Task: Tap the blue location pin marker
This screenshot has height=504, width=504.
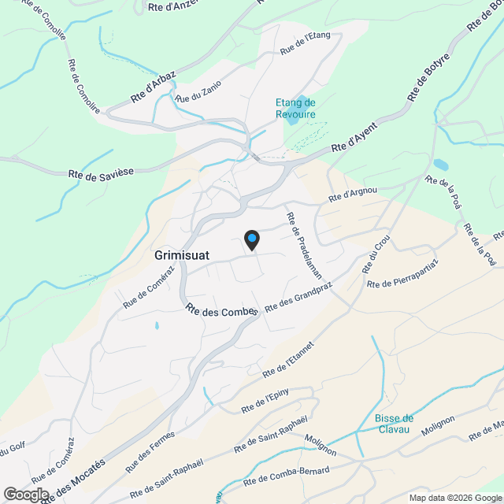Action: (251, 239)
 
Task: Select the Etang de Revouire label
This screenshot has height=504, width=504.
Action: (295, 109)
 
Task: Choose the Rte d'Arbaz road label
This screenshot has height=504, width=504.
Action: (153, 88)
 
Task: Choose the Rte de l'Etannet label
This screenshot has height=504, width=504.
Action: (289, 358)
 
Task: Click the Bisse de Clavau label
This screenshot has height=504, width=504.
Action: (394, 424)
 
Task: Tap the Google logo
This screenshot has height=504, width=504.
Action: (25, 494)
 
